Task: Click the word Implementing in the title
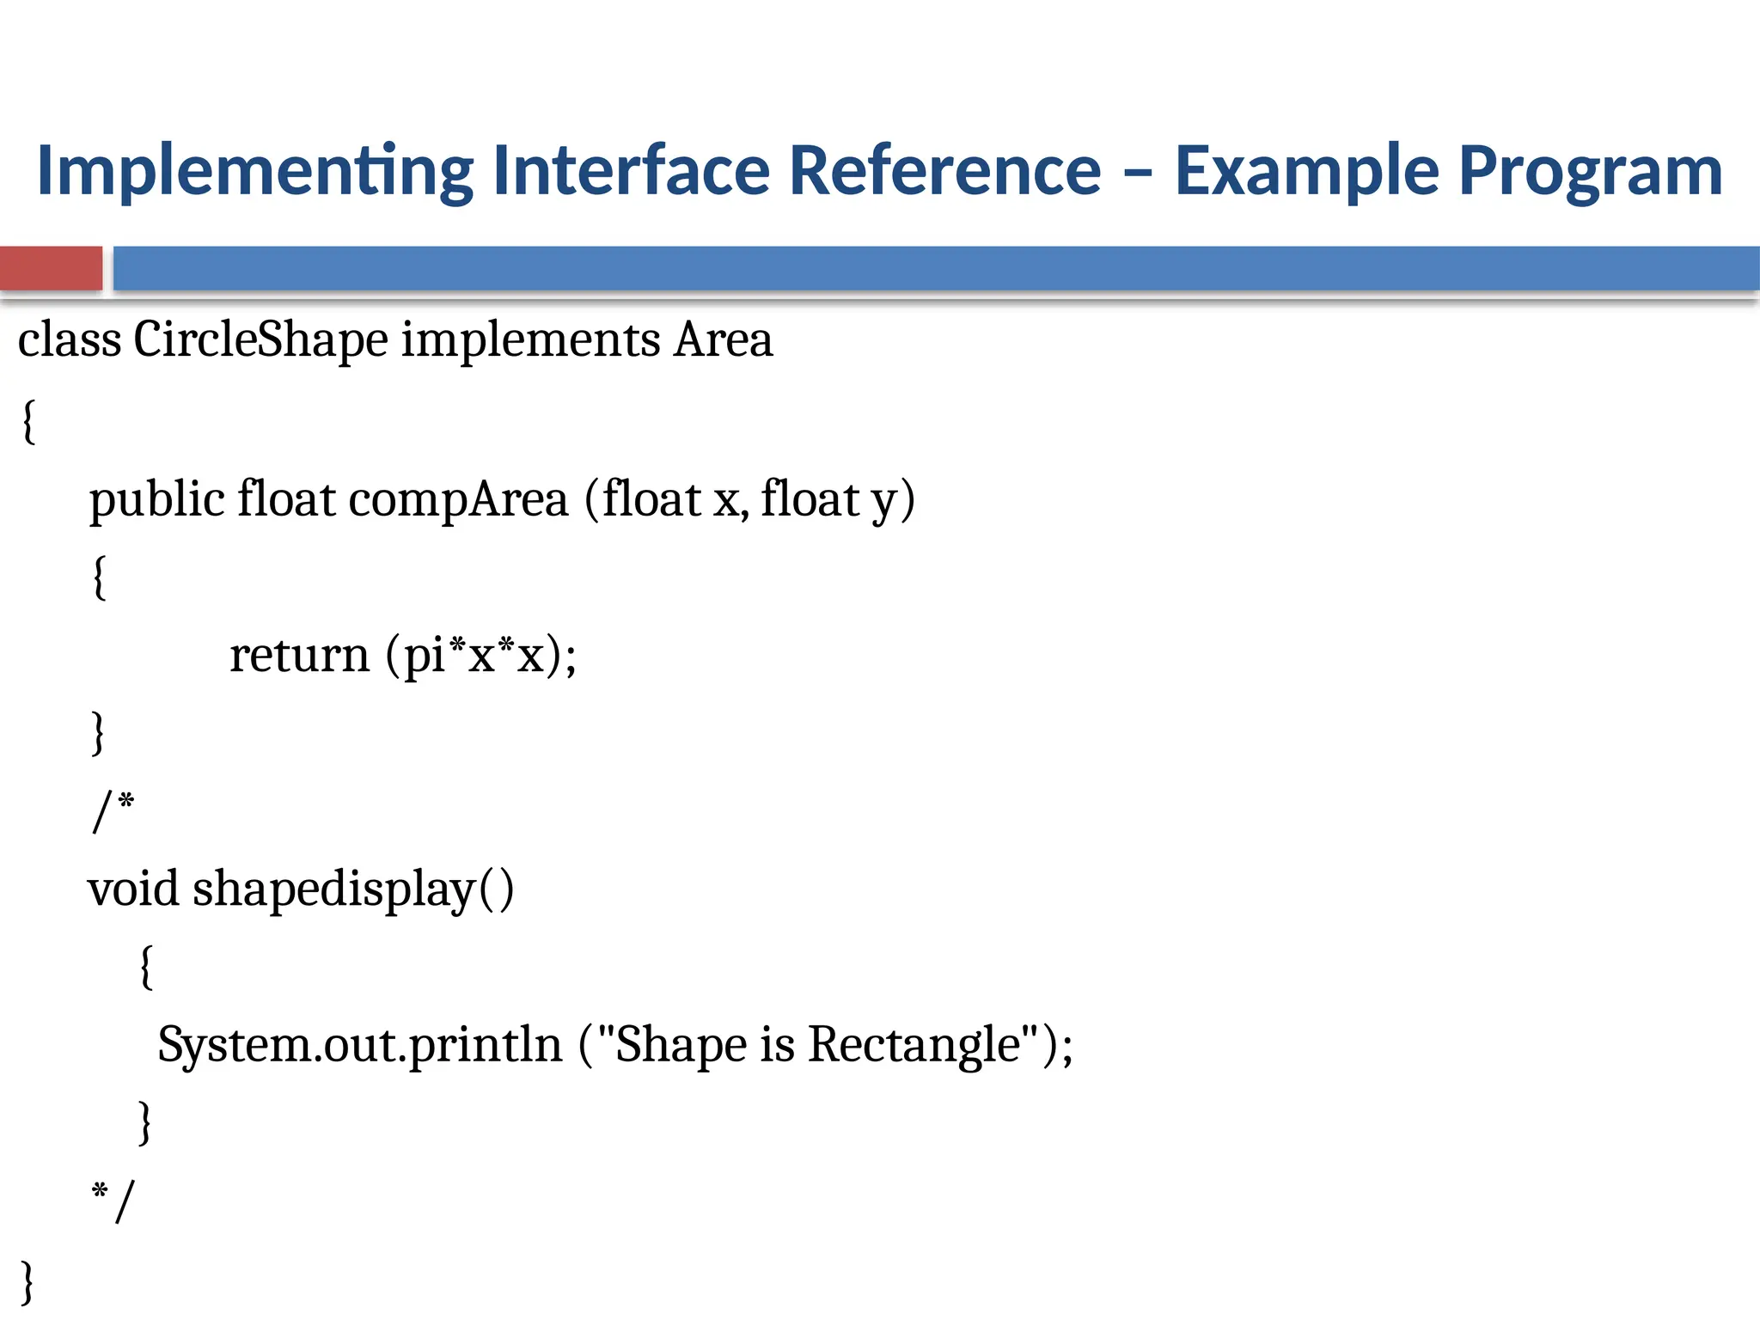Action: tap(254, 172)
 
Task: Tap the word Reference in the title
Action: tap(944, 170)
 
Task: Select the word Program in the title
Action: tap(1591, 172)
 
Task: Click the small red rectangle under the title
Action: tap(51, 268)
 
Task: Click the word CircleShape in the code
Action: tap(260, 339)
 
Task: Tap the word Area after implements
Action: tap(723, 339)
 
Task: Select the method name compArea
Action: tap(458, 501)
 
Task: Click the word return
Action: tap(299, 656)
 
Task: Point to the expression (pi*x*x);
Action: tap(481, 656)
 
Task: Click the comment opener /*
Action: tap(113, 810)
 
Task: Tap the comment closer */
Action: tap(113, 1201)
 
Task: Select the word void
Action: tap(133, 889)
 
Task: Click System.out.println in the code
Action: tap(359, 1046)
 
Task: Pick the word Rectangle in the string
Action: tap(914, 1046)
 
